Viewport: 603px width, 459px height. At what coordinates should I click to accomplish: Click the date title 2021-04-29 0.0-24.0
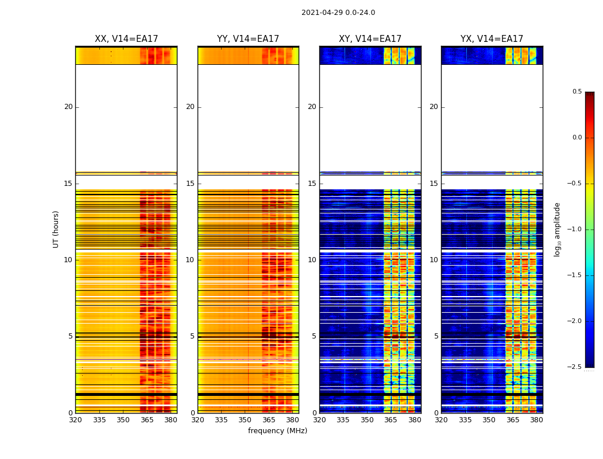coord(338,13)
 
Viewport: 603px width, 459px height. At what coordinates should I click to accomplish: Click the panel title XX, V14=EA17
coord(126,39)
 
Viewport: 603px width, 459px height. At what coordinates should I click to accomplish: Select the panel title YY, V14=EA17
coord(248,39)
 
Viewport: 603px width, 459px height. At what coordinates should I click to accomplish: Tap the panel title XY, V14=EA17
coord(370,39)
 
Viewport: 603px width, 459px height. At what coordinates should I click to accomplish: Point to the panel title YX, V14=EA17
coord(492,39)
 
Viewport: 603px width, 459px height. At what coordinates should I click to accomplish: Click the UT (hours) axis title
coord(56,229)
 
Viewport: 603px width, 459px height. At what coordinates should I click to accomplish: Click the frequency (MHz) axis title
coord(277,431)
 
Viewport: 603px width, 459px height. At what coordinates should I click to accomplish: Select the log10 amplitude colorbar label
coord(558,229)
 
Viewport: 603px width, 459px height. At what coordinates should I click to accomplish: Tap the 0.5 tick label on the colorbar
coord(577,92)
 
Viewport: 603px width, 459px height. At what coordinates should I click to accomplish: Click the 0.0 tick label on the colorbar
coord(577,138)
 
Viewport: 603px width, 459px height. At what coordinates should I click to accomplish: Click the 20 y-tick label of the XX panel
coord(68,107)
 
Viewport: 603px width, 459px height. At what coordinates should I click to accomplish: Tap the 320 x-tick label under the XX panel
coord(75,420)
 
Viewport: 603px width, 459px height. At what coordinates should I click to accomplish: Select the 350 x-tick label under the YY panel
coord(245,420)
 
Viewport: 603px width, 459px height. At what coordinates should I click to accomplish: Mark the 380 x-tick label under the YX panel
coord(536,420)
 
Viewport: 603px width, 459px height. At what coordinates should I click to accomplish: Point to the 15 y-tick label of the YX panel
coord(434,184)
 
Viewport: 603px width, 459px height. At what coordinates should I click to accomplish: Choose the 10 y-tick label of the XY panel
coord(312,260)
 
